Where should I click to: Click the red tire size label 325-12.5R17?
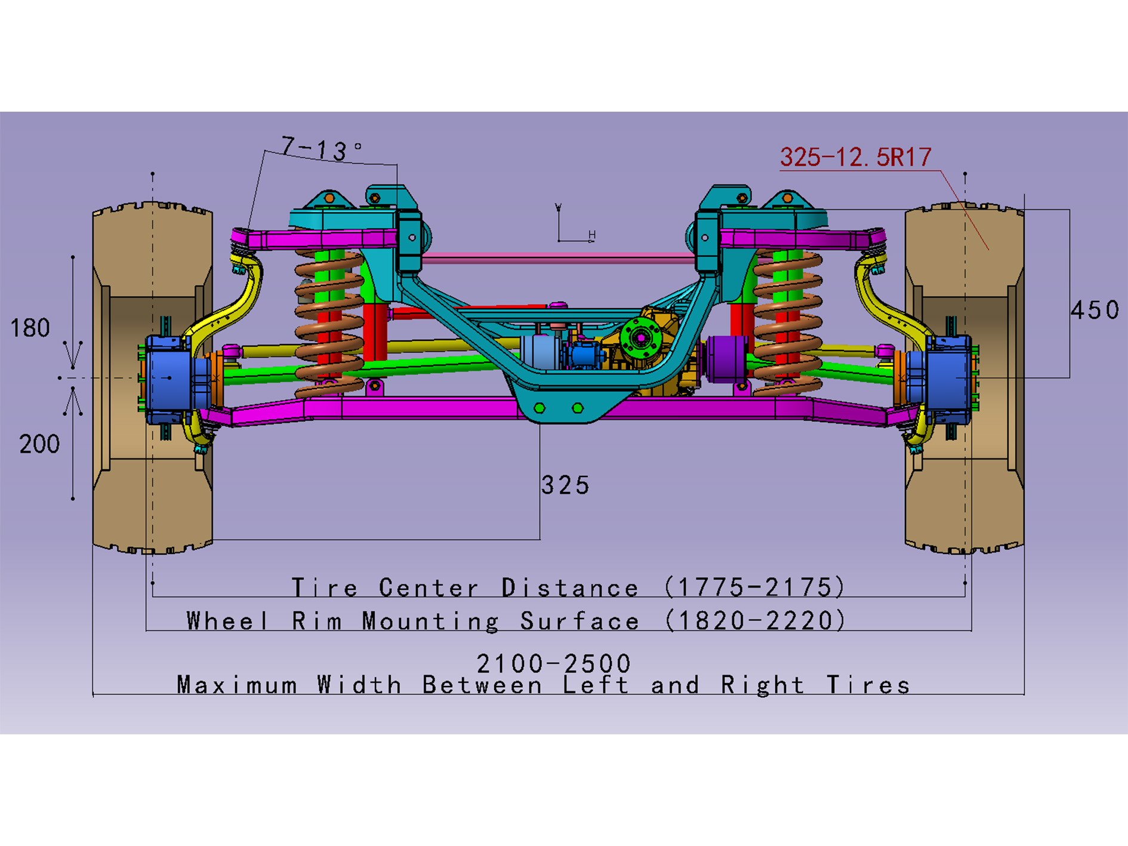click(x=855, y=158)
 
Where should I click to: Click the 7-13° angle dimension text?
click(x=320, y=149)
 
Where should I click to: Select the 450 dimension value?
click(x=1094, y=310)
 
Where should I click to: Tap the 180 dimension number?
click(x=30, y=328)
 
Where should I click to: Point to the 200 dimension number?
click(x=39, y=445)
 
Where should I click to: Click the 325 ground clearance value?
click(x=565, y=485)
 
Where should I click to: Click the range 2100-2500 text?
click(x=553, y=663)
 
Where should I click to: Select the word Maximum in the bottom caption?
click(x=237, y=685)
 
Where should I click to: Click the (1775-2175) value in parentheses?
click(x=755, y=587)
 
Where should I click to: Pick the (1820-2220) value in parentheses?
click(x=755, y=621)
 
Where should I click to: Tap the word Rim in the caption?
click(x=316, y=622)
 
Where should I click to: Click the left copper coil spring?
click(x=329, y=322)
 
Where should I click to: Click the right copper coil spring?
click(x=787, y=322)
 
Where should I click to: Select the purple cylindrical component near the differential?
click(x=726, y=358)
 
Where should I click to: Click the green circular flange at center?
click(x=640, y=338)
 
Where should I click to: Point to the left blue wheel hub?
click(x=169, y=379)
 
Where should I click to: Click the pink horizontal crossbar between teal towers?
click(x=558, y=258)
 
